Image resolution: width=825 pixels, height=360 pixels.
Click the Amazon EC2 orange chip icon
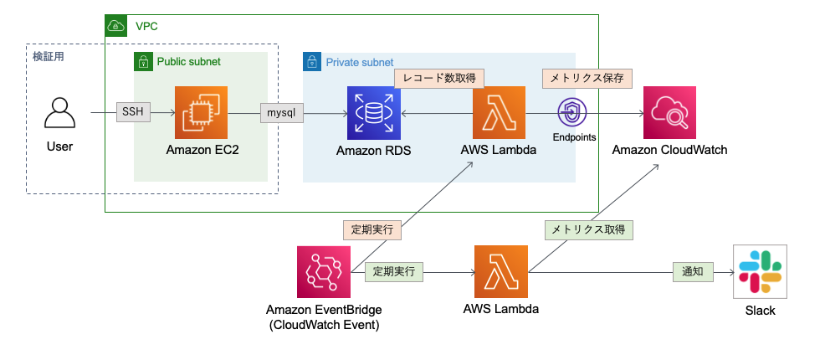click(201, 112)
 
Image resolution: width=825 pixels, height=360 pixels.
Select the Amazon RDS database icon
click(374, 112)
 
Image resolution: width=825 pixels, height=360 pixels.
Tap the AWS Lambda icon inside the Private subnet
click(499, 112)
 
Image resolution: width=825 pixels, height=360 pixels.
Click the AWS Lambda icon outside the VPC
click(500, 271)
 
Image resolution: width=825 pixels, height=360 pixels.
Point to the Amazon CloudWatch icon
click(669, 112)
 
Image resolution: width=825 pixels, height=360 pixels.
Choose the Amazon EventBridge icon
click(323, 271)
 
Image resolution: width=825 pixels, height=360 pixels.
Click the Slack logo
click(760, 272)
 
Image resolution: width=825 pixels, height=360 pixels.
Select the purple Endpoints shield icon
click(573, 112)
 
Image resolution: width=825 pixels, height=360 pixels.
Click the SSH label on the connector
click(133, 112)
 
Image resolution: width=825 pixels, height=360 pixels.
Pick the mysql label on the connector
click(280, 112)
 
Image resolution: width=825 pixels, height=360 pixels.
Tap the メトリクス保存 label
click(586, 78)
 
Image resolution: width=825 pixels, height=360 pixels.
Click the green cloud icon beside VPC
click(115, 26)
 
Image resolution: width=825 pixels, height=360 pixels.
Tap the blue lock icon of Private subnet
click(312, 61)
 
